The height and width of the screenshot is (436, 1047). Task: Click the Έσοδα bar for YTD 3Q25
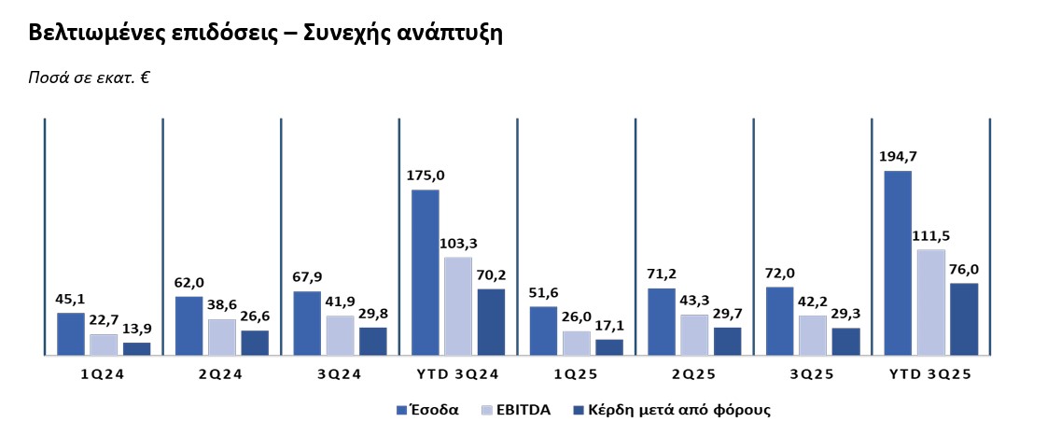(898, 263)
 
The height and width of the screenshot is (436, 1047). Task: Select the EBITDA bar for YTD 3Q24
(458, 306)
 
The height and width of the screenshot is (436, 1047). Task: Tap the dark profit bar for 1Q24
(136, 348)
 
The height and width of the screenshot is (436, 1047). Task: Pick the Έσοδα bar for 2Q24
(188, 326)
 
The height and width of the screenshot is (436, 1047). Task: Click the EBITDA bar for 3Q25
(813, 335)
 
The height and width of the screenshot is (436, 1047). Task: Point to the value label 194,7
(898, 157)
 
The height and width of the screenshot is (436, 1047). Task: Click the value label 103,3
(458, 243)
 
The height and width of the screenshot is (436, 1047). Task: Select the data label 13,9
(136, 329)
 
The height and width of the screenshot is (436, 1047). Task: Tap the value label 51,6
(543, 292)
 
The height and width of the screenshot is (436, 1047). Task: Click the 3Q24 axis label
(340, 375)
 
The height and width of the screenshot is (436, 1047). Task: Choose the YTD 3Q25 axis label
(930, 375)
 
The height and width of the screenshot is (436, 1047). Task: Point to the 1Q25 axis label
(576, 375)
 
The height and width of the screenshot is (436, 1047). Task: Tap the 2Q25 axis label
(694, 375)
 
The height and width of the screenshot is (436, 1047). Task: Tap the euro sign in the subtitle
(146, 77)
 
